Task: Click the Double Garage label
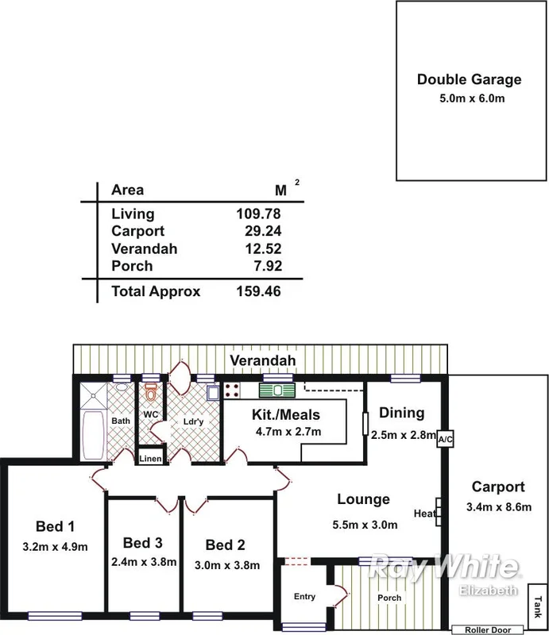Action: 470,79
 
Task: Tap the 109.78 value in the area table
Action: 258,214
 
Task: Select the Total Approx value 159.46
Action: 258,291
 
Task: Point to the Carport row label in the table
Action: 138,231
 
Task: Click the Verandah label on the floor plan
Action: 263,361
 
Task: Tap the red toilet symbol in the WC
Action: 151,391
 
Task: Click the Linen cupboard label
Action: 151,460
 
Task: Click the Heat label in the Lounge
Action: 423,514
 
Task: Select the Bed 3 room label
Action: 143,543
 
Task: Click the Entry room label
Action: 304,596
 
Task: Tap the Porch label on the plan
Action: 389,598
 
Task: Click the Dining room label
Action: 401,413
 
